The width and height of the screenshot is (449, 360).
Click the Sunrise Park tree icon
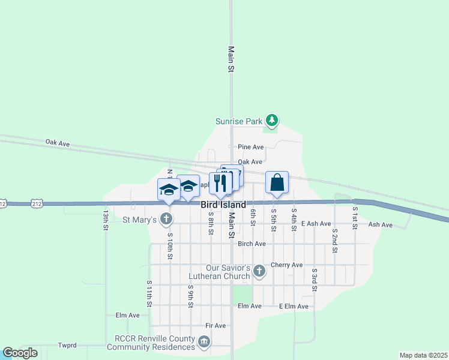click(x=273, y=121)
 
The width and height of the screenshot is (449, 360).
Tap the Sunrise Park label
click(x=239, y=121)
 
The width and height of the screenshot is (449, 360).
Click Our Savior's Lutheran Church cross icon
click(x=259, y=271)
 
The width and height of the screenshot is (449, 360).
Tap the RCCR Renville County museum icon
click(x=204, y=343)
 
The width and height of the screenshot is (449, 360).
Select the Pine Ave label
click(x=250, y=147)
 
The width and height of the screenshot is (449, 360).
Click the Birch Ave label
click(x=252, y=244)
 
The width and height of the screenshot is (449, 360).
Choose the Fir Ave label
click(x=215, y=326)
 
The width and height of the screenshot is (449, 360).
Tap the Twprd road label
click(x=67, y=346)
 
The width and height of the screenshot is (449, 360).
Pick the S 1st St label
click(x=355, y=217)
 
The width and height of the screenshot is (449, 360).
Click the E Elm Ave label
click(x=294, y=307)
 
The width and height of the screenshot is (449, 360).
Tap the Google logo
click(x=20, y=353)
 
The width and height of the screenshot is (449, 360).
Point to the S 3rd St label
click(x=314, y=280)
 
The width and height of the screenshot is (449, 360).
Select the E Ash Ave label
click(x=316, y=224)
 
